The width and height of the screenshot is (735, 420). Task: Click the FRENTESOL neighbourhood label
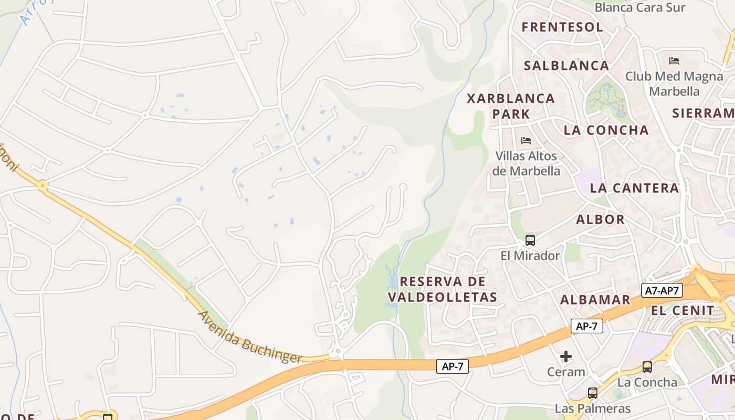click(562, 27)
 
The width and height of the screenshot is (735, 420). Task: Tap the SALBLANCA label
click(566, 66)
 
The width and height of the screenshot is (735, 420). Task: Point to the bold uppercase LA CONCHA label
click(606, 130)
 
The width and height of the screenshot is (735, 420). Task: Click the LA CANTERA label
click(634, 188)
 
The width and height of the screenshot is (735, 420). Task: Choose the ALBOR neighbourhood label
click(600, 219)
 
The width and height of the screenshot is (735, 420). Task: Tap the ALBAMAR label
click(595, 300)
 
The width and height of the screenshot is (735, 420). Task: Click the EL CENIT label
click(682, 310)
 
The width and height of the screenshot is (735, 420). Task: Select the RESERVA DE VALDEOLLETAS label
click(448, 289)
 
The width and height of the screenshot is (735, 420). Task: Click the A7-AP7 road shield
click(661, 290)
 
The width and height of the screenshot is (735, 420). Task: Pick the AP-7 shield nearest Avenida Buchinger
click(452, 366)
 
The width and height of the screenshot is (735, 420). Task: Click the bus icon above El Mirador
click(530, 240)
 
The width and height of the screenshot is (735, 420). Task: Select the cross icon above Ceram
click(565, 357)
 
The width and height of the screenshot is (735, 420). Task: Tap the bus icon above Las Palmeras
click(592, 393)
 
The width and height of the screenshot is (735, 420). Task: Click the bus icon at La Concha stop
click(647, 367)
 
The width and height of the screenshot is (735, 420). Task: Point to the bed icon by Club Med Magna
click(674, 61)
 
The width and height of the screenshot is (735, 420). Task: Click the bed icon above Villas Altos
click(526, 140)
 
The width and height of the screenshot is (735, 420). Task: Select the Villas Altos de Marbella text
click(526, 163)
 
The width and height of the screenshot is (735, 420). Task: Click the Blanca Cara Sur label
click(640, 7)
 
